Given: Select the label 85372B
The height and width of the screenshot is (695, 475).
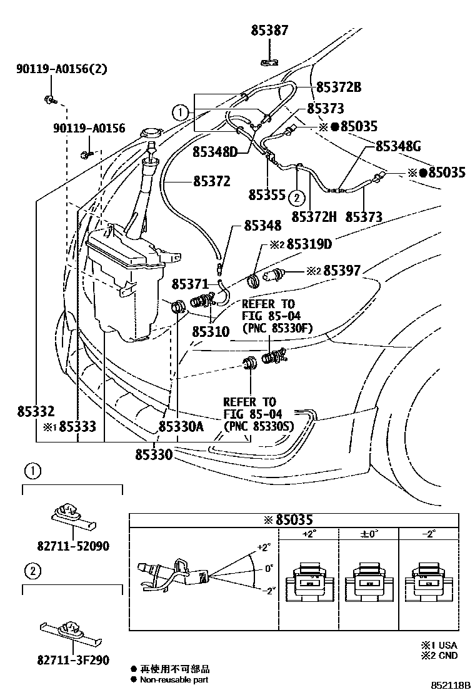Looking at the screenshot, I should [338, 87].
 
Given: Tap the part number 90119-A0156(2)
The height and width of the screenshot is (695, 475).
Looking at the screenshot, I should [61, 69].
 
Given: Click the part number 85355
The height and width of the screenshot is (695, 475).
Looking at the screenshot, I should [267, 195].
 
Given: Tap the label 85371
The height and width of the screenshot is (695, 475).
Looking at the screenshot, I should [189, 284].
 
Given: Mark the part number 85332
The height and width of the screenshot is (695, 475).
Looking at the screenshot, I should [36, 411].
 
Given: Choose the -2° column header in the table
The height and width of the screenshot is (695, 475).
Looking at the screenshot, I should [429, 535].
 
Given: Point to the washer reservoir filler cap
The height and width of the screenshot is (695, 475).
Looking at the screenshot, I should [151, 134].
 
